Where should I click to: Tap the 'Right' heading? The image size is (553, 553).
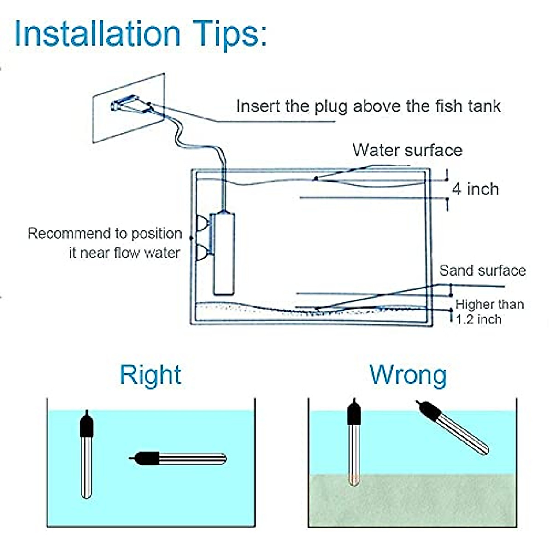click(x=150, y=375)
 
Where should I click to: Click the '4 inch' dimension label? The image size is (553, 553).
click(x=475, y=189)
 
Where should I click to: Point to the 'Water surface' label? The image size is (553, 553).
click(x=407, y=150)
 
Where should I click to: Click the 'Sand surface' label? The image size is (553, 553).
click(x=482, y=271)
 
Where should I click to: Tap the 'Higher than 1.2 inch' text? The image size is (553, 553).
click(x=489, y=312)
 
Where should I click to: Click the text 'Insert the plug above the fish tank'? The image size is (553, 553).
click(x=369, y=106)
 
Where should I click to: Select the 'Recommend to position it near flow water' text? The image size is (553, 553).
click(x=105, y=243)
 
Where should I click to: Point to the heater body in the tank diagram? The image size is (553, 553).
click(x=224, y=253)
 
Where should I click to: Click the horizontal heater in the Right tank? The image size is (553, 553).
click(x=178, y=458)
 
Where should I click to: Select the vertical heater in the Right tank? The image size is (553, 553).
click(x=86, y=454)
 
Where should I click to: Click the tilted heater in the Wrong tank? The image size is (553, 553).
click(x=453, y=427)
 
